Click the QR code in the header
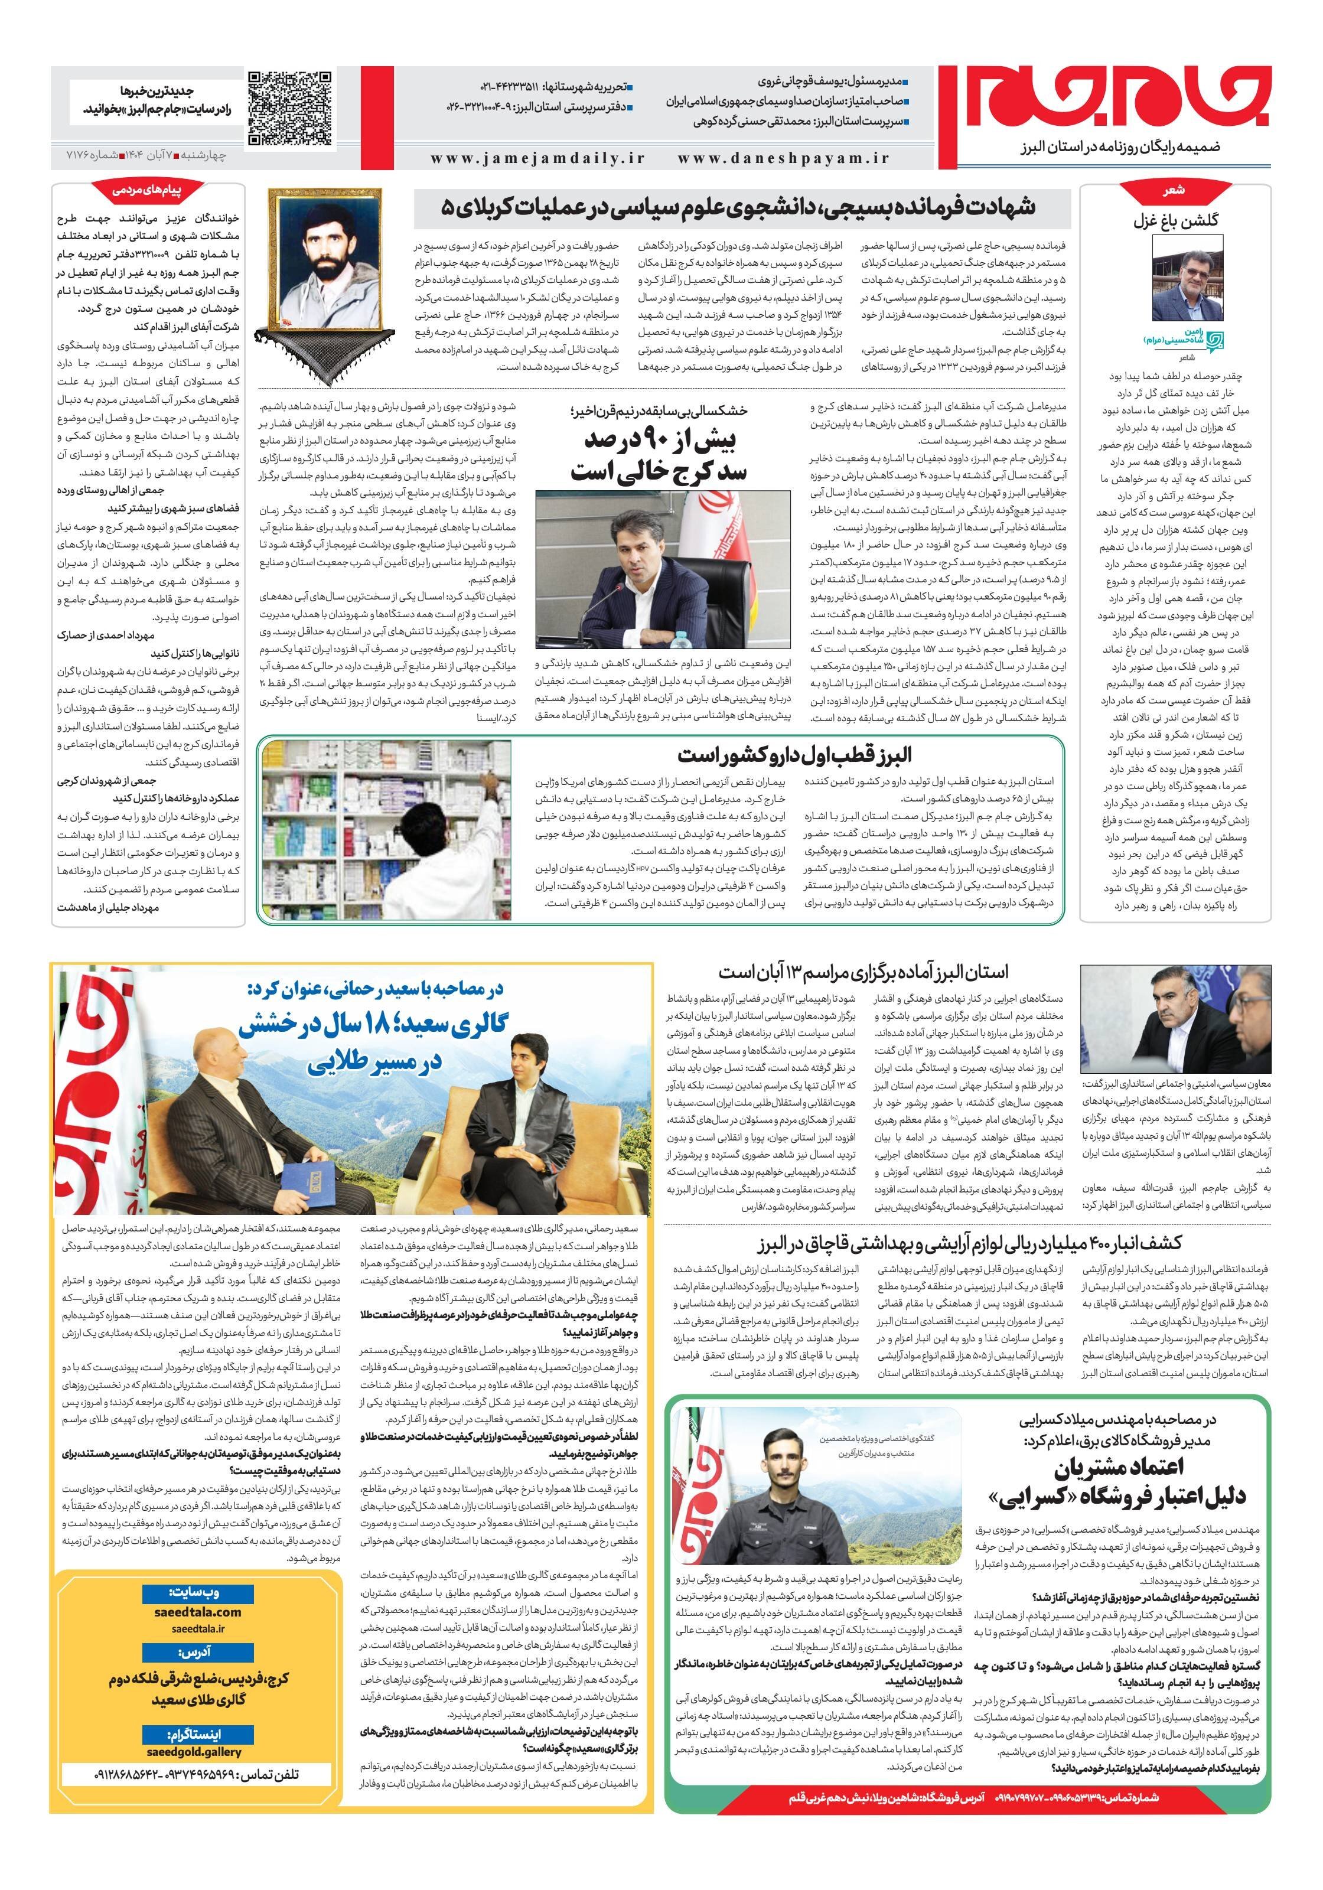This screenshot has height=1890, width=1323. click(291, 109)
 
